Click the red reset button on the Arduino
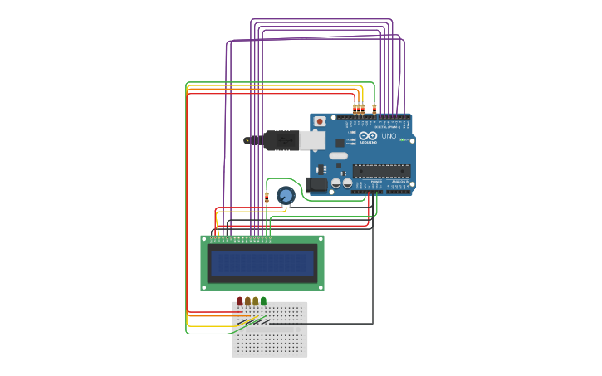pyautogui.click(x=320, y=121)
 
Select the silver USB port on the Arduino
pyautogui.click(x=311, y=140)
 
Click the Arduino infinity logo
pyautogui.click(x=368, y=135)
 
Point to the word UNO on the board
pyautogui.click(x=389, y=135)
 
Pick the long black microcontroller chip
pyautogui.click(x=381, y=171)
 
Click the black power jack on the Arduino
pyautogui.click(x=316, y=185)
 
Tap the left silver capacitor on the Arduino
pyautogui.click(x=336, y=183)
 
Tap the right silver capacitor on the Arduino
pyautogui.click(x=346, y=183)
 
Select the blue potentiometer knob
pyautogui.click(x=286, y=196)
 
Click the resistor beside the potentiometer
pyautogui.click(x=267, y=198)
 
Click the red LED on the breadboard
pyautogui.click(x=240, y=300)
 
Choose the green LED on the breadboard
pyautogui.click(x=263, y=300)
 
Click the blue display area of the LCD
pyautogui.click(x=262, y=263)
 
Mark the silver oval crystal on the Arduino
pyautogui.click(x=338, y=155)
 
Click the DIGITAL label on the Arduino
pyautogui.click(x=386, y=126)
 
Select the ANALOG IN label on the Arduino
pyautogui.click(x=400, y=181)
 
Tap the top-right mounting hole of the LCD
pyautogui.click(x=319, y=239)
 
